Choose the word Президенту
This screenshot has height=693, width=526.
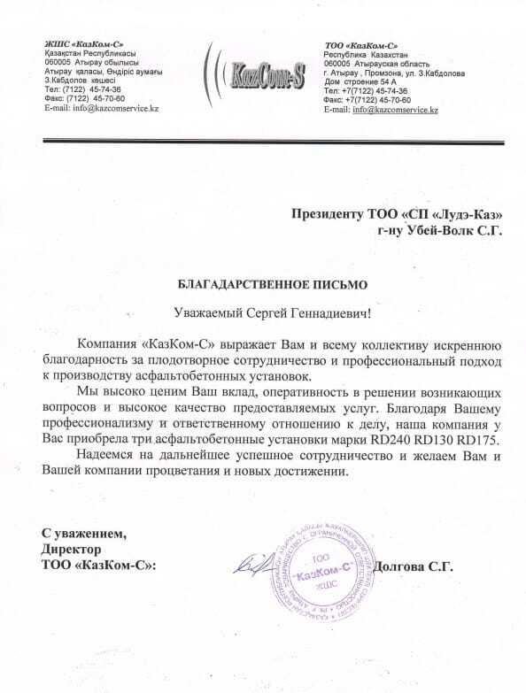[331, 213]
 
